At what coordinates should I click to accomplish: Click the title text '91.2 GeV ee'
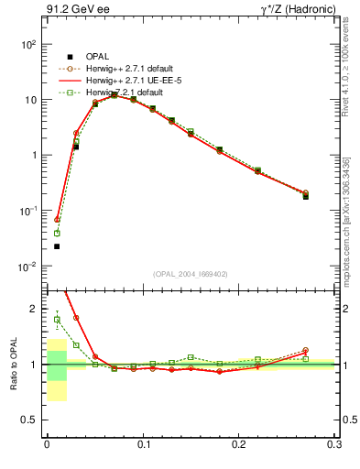coord(72,10)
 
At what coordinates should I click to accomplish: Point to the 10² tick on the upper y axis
coord(28,44)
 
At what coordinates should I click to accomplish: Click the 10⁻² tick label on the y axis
coord(28,267)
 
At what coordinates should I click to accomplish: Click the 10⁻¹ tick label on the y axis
coord(28,211)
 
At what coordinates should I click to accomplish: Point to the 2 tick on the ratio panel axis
coord(35,309)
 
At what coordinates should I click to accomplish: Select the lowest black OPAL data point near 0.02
coord(57,246)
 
